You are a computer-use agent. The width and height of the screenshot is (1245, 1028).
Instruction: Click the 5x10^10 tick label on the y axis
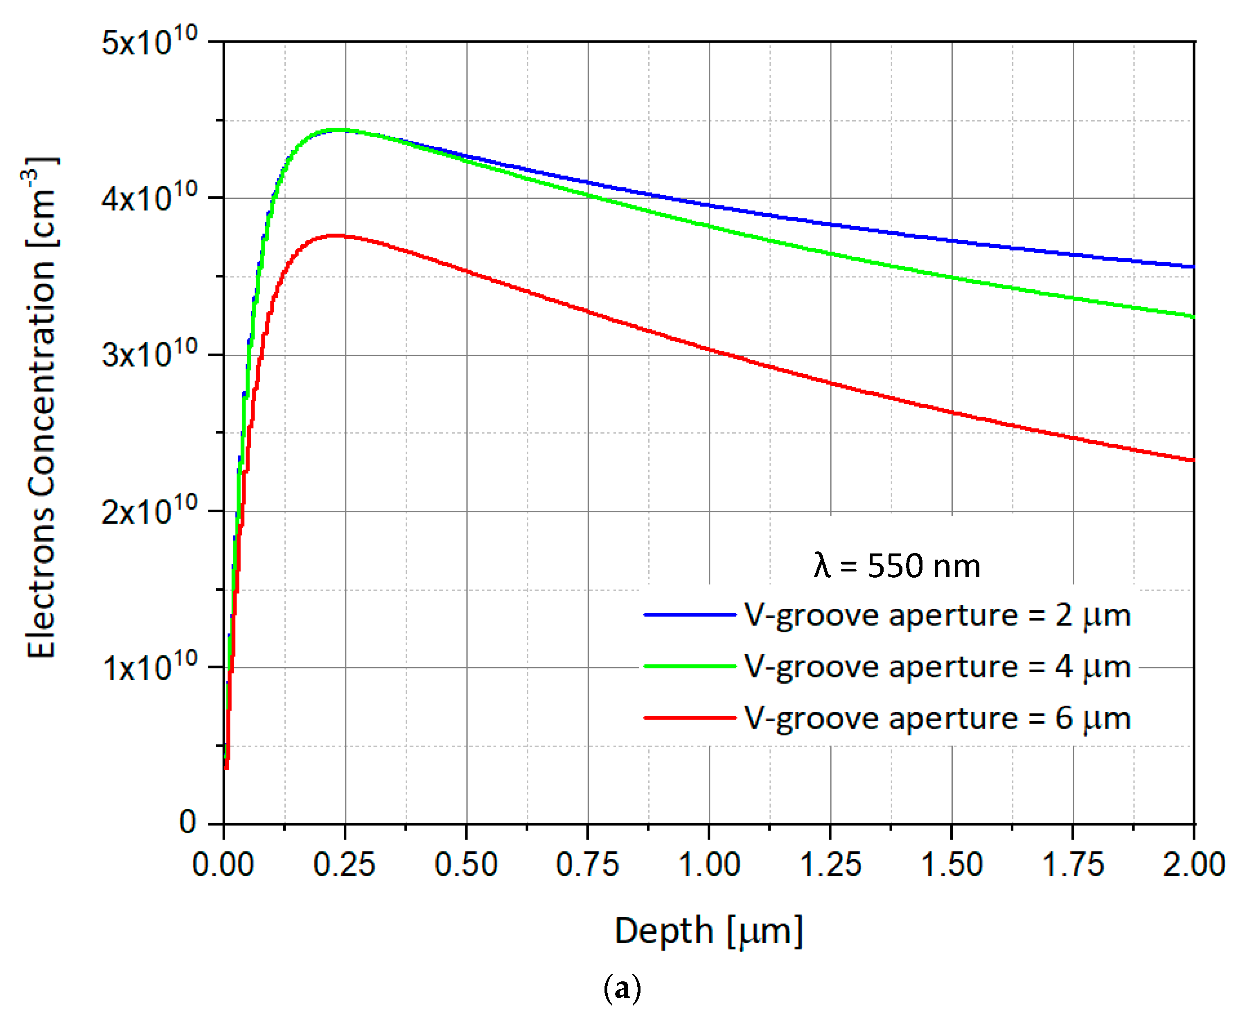pos(149,42)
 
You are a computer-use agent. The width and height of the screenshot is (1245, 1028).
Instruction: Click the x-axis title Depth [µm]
pos(709,931)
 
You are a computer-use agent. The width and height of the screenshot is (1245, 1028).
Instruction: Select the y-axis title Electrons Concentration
pos(41,409)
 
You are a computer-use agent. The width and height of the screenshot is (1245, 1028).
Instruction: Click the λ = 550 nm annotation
pos(897,566)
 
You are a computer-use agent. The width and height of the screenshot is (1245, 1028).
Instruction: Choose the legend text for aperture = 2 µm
pos(937,615)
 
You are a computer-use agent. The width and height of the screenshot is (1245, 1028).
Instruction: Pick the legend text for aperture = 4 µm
pos(937,667)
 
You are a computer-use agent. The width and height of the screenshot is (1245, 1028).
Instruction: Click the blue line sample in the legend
pos(690,615)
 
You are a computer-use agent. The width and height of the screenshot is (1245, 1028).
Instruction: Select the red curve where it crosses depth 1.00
pos(709,349)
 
